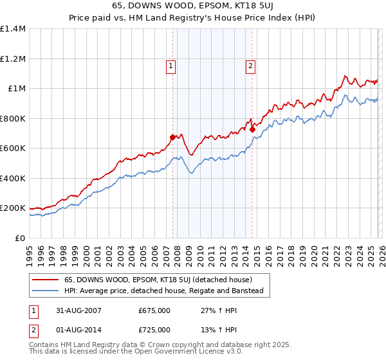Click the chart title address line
pyautogui.click(x=193, y=6)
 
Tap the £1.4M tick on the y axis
pyautogui.click(x=13, y=29)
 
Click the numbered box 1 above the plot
pyautogui.click(x=171, y=65)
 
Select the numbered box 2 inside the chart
pyautogui.click(x=250, y=65)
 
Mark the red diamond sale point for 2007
pyautogui.click(x=172, y=137)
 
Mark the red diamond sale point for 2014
pyautogui.click(x=252, y=130)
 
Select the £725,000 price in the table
pyautogui.click(x=154, y=329)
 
